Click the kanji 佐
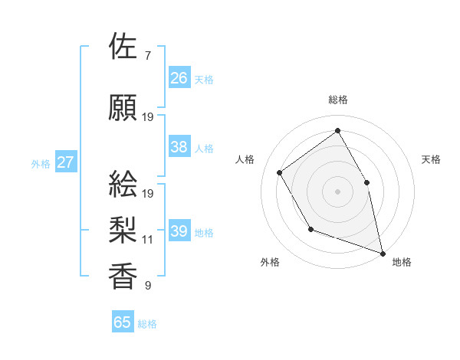point(123,47)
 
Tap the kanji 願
point(123,107)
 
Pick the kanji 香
point(123,277)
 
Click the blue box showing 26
point(179,77)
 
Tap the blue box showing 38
point(179,147)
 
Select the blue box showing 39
point(179,231)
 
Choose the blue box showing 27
point(66,162)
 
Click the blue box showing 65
point(123,322)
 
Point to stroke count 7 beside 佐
point(148,55)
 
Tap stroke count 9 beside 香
point(148,286)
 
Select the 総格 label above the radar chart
point(338,100)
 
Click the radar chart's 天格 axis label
point(432,159)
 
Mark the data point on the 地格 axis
point(383,253)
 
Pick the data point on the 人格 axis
point(280,172)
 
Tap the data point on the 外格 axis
point(310,229)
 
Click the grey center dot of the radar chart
point(338,191)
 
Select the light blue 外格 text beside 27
point(41,163)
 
